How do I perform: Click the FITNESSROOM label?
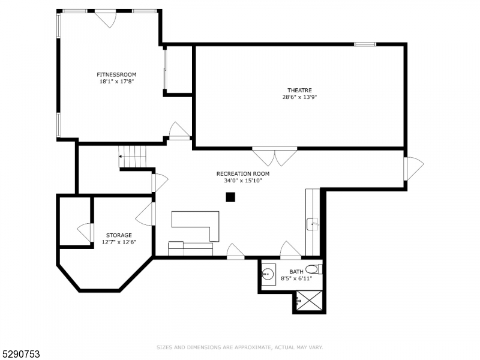point(116,74)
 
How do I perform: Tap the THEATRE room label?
point(299,91)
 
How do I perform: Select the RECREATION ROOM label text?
point(243,173)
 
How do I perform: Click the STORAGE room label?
point(119,235)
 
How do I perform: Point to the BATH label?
point(296,272)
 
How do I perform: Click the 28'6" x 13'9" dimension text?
point(299,97)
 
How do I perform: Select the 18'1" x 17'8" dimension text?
point(116,82)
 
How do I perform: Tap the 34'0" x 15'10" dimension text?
point(243,181)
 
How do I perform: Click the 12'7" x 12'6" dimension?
point(119,242)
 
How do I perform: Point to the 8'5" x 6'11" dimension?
point(296,278)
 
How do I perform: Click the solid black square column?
point(230,197)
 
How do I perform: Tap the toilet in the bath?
point(314,269)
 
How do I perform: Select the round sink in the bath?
point(268,272)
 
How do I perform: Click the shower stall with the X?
point(309,301)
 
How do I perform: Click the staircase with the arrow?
point(133,157)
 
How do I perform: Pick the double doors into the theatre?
point(275,157)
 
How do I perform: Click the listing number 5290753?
point(20,354)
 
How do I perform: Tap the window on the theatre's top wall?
point(365,44)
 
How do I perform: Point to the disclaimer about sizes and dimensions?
point(239,347)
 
